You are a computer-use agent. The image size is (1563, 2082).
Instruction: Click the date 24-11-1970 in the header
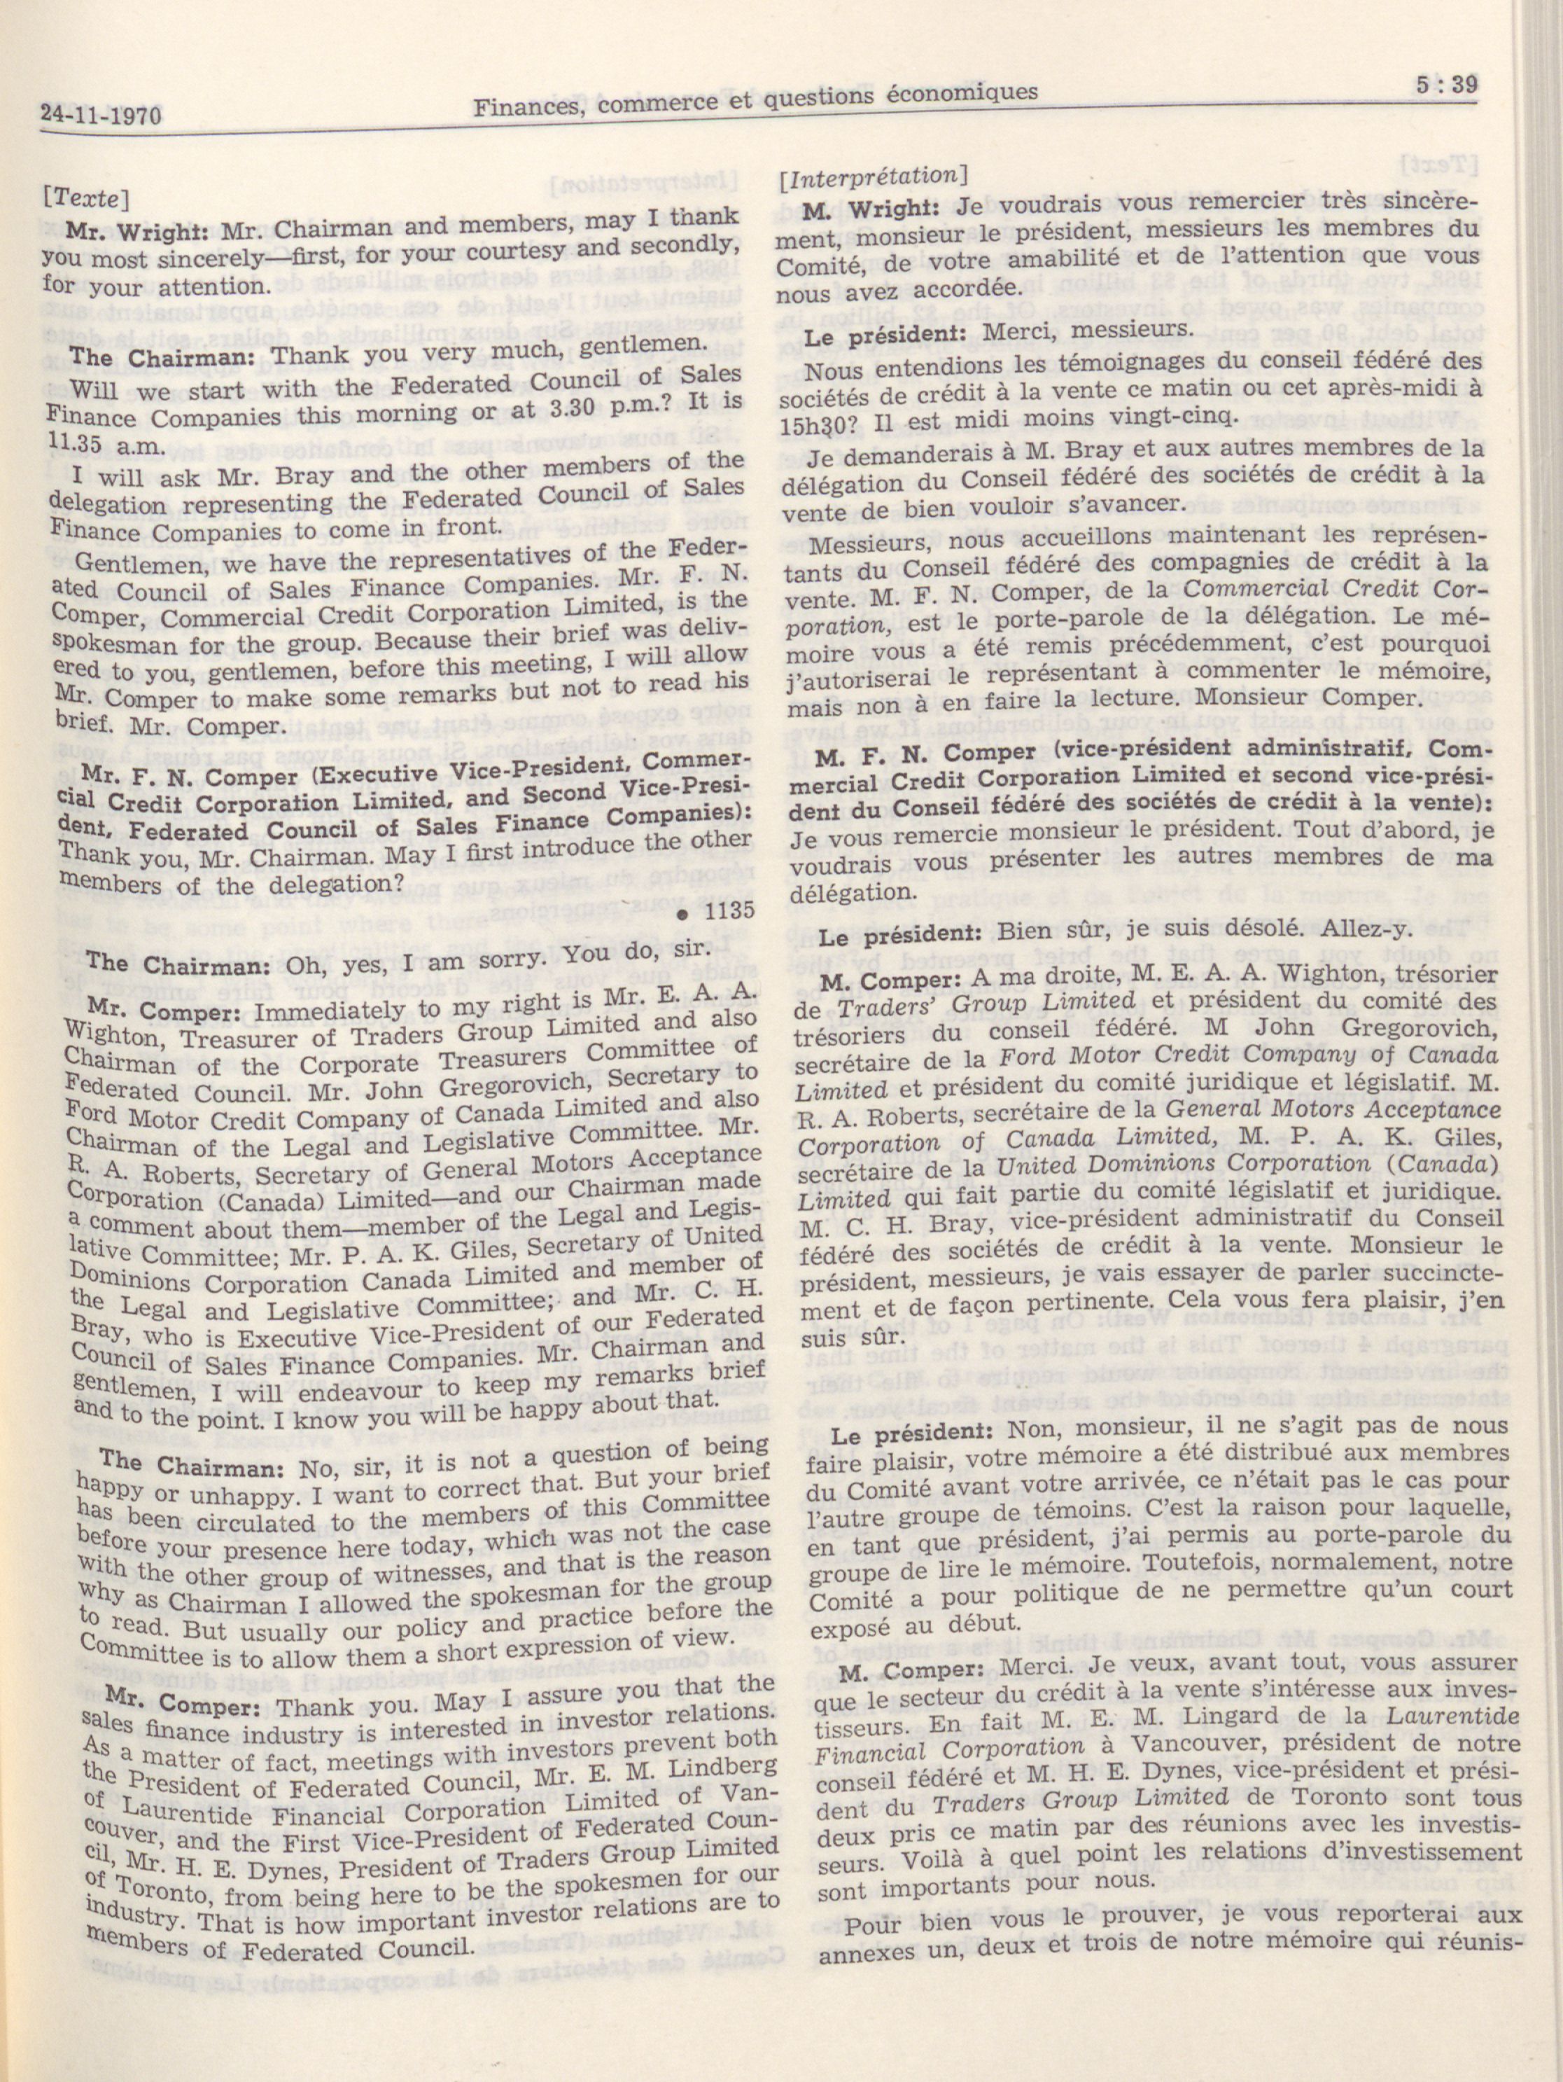101,117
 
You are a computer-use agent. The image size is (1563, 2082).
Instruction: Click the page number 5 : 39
1446,84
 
